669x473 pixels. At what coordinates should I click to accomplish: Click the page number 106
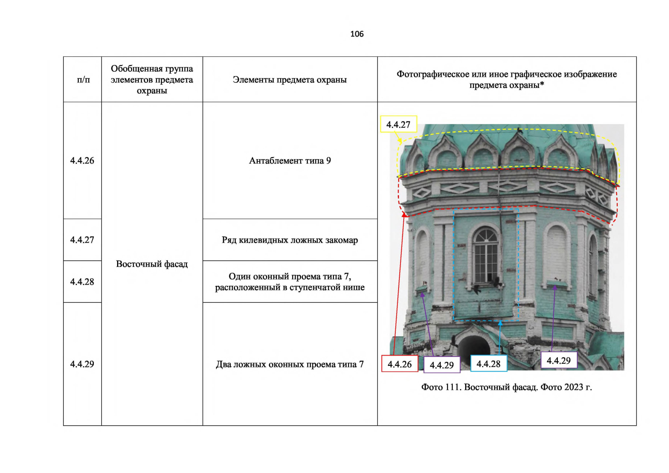tap(357, 34)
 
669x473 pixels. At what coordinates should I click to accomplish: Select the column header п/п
tap(83, 80)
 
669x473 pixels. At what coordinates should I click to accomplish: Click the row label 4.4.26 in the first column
tap(82, 160)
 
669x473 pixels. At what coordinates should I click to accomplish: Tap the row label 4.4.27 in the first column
tap(82, 240)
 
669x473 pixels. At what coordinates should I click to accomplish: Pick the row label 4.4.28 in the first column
tap(82, 281)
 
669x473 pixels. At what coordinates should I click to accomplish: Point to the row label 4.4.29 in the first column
tap(82, 364)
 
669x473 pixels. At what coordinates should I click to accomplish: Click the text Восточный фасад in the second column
tap(152, 264)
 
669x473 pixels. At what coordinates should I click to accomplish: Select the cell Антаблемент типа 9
tap(290, 160)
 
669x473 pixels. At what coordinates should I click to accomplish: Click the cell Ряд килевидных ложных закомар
tap(290, 240)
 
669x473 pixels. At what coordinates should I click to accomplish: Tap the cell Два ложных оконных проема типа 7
tap(290, 364)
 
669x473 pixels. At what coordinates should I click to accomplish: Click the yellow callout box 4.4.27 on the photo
tap(399, 125)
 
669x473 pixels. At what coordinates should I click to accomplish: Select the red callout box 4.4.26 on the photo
tap(400, 364)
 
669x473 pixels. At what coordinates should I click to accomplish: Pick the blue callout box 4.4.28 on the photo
tap(488, 363)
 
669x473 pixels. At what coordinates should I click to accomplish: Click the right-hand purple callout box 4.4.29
tap(559, 360)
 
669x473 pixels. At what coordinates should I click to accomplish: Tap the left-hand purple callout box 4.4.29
tap(442, 365)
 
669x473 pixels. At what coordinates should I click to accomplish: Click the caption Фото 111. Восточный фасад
tap(506, 387)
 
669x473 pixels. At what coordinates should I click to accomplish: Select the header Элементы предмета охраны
tap(290, 80)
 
